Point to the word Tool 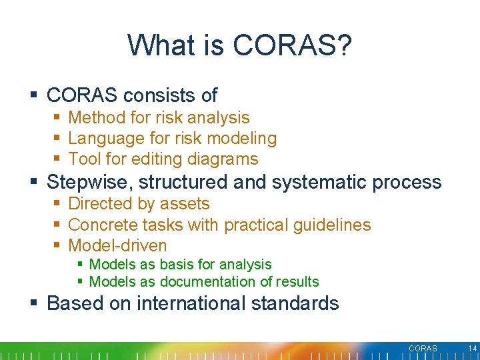84,159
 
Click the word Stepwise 89,182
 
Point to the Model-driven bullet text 117,245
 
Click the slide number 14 473,349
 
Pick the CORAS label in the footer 423,349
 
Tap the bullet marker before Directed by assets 57,204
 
